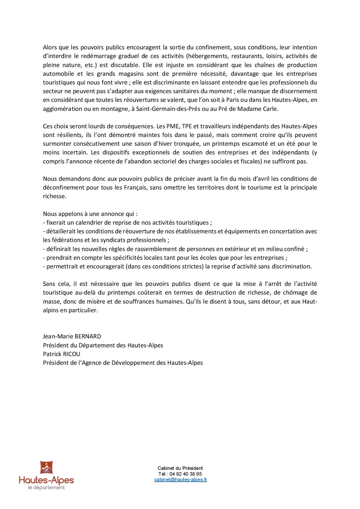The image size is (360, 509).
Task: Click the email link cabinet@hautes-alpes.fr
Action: click(180, 480)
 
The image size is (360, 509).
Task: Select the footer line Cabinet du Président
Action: click(180, 468)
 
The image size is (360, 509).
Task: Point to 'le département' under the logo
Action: click(46, 488)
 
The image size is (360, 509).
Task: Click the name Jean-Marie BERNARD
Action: click(72, 336)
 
